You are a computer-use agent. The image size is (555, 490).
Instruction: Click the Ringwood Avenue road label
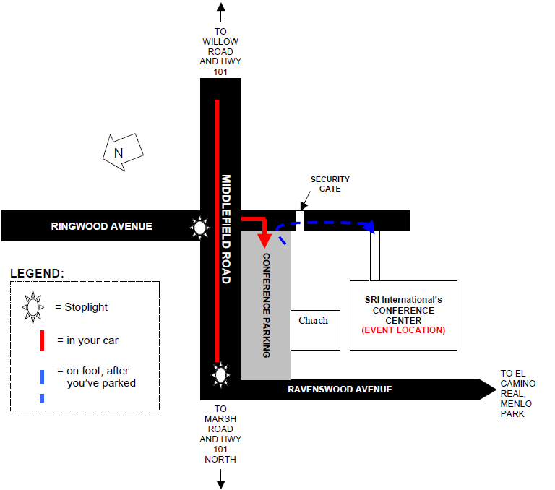coord(102,226)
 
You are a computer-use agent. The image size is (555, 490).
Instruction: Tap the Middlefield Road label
coord(225,228)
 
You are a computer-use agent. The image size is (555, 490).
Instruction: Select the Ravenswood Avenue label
coord(340,390)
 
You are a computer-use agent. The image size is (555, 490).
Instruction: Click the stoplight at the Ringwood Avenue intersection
coord(199,228)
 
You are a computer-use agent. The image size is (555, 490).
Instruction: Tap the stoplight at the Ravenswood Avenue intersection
coord(220,375)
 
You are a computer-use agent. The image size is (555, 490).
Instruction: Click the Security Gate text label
coord(330,184)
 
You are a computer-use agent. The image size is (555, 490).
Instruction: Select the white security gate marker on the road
coord(300,220)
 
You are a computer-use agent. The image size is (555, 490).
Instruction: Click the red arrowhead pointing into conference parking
coord(264,239)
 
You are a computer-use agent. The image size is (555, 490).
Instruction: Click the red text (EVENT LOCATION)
coord(403,330)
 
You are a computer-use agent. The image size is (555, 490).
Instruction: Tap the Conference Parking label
coord(266,306)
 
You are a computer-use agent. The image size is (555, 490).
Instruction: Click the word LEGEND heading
coord(37,273)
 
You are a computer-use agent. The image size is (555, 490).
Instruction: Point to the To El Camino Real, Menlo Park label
coord(518,394)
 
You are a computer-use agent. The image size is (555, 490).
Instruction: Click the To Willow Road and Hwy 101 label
coord(220,51)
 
